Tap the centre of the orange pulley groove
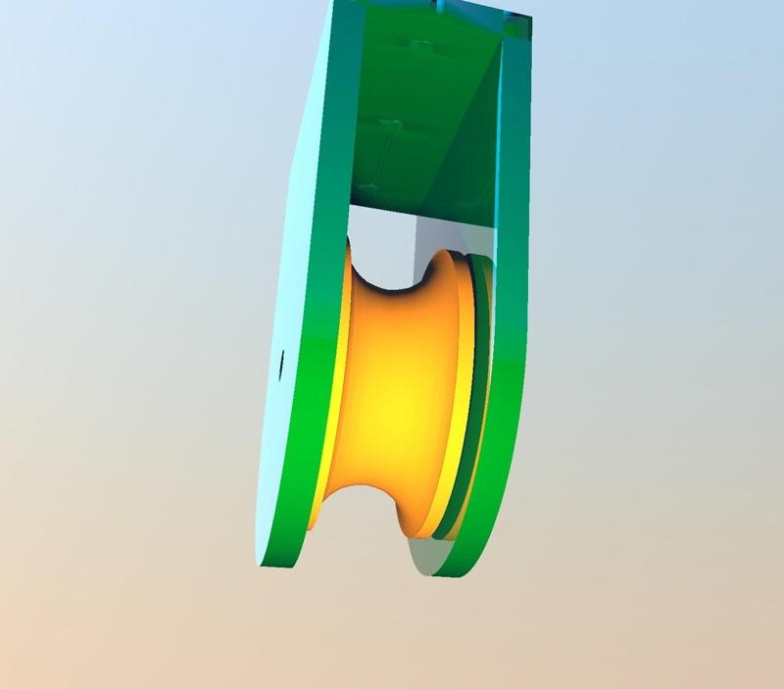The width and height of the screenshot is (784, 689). (392, 392)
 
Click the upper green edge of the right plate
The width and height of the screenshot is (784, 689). (514, 147)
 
